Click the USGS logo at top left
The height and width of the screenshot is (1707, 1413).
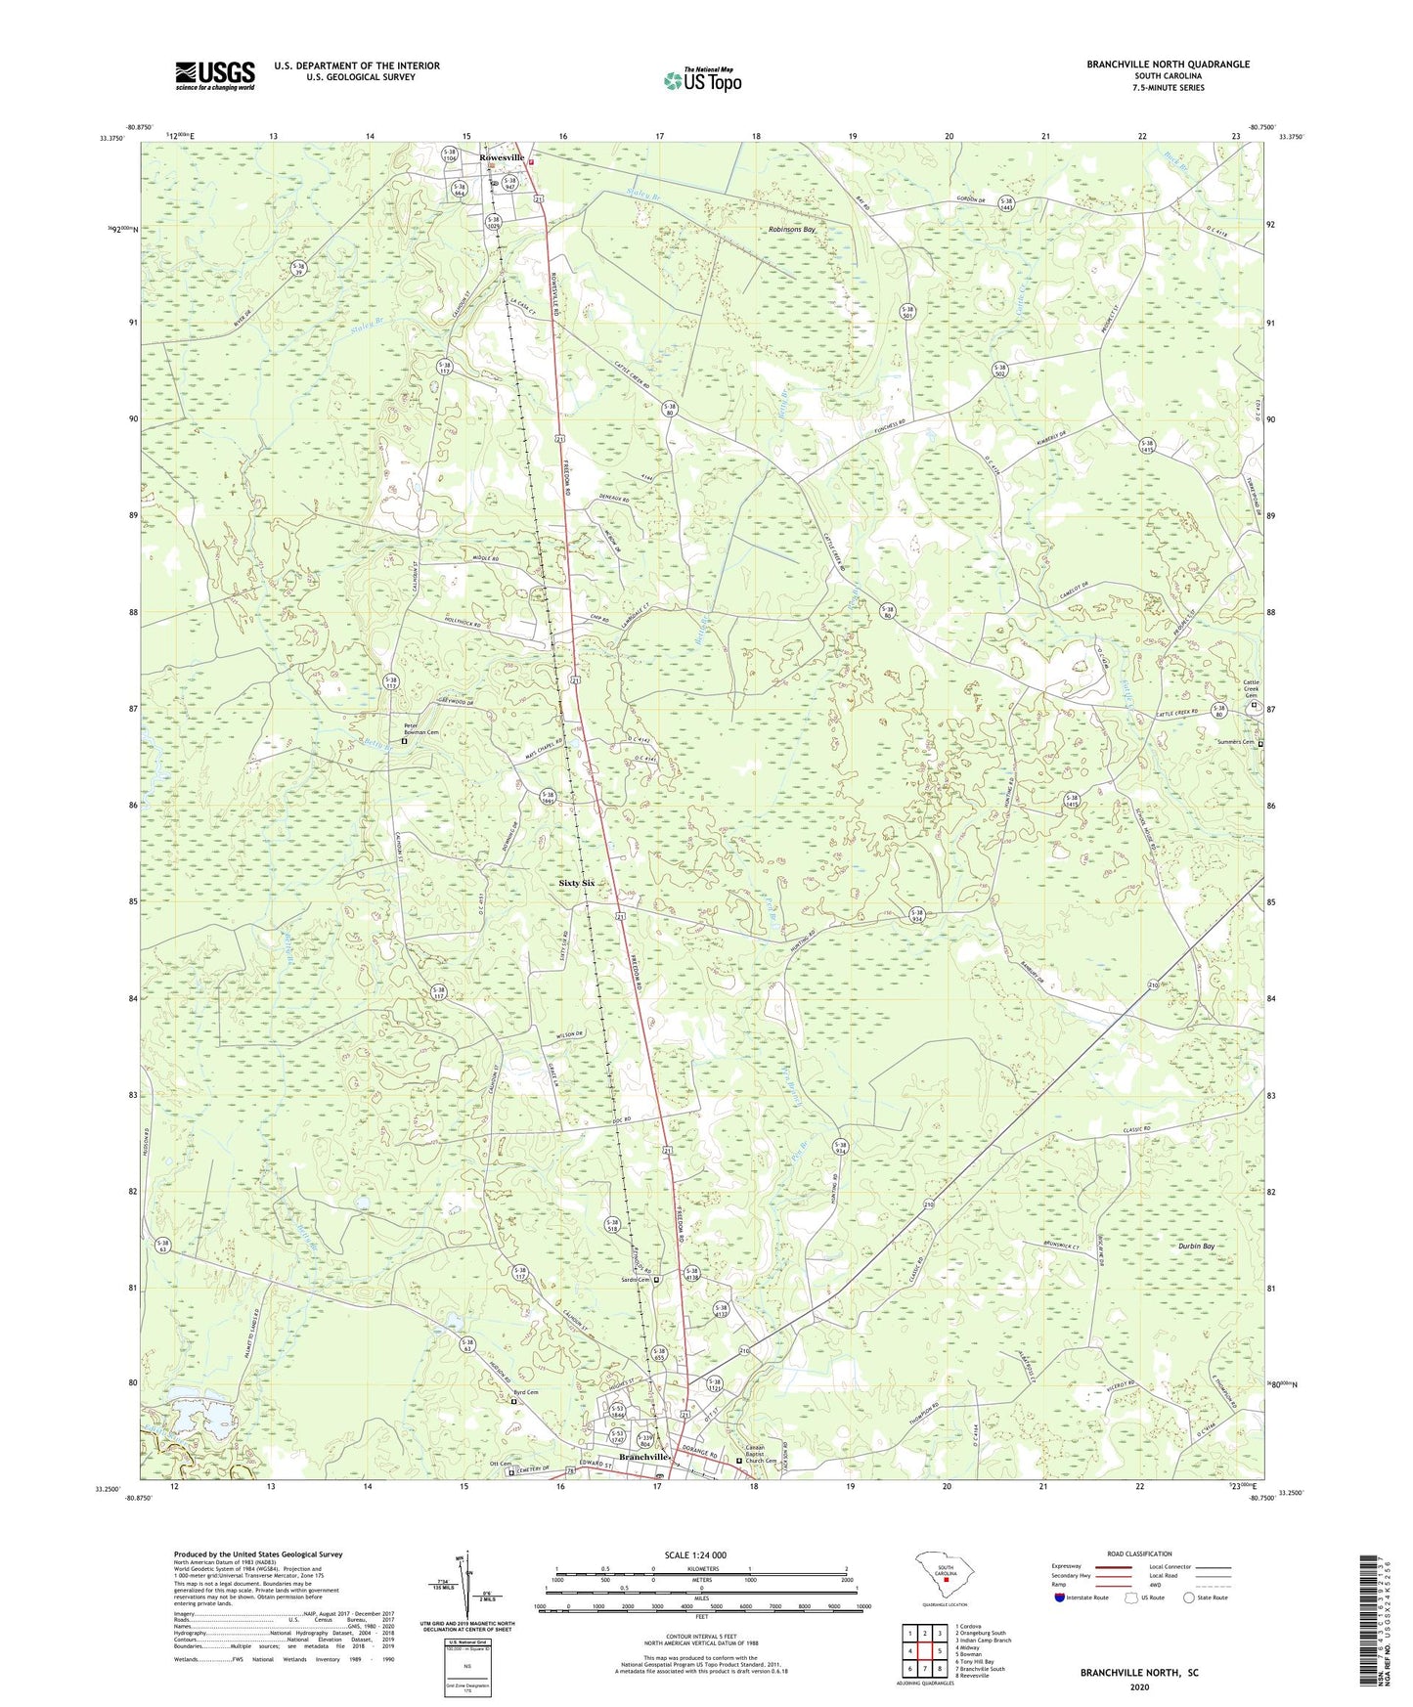(x=214, y=75)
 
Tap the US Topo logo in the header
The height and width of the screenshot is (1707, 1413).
(x=701, y=79)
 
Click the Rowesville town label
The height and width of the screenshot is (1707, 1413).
(x=502, y=157)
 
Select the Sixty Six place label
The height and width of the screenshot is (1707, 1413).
(x=576, y=883)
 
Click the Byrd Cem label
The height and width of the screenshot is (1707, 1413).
(x=526, y=1391)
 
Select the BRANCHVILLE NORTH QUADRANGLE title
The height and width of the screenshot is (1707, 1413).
(x=1168, y=65)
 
